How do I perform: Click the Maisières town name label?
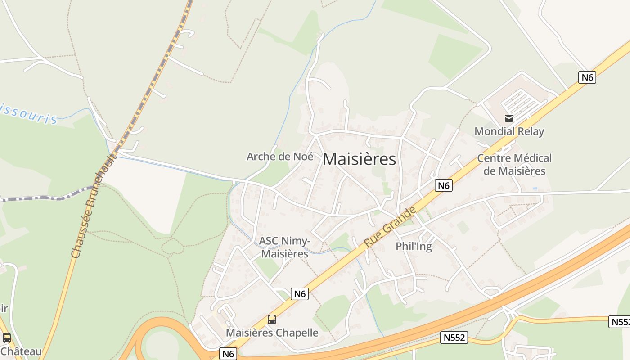tap(359, 159)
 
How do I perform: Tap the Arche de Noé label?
tap(280, 157)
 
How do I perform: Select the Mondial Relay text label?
tap(509, 131)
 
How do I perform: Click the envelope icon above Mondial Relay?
tap(509, 118)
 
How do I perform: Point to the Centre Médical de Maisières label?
tap(514, 165)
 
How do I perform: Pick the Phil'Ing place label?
tap(414, 246)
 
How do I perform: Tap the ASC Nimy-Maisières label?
tap(285, 247)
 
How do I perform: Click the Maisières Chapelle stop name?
tap(272, 333)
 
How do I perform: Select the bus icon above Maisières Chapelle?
tap(272, 319)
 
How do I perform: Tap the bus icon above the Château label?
tap(7, 338)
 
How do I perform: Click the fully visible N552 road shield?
tap(454, 337)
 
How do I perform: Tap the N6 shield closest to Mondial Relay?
tap(587, 77)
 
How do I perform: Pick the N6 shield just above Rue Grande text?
tap(443, 185)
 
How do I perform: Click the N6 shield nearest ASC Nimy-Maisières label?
tap(300, 294)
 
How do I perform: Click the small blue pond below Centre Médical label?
tap(534, 188)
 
